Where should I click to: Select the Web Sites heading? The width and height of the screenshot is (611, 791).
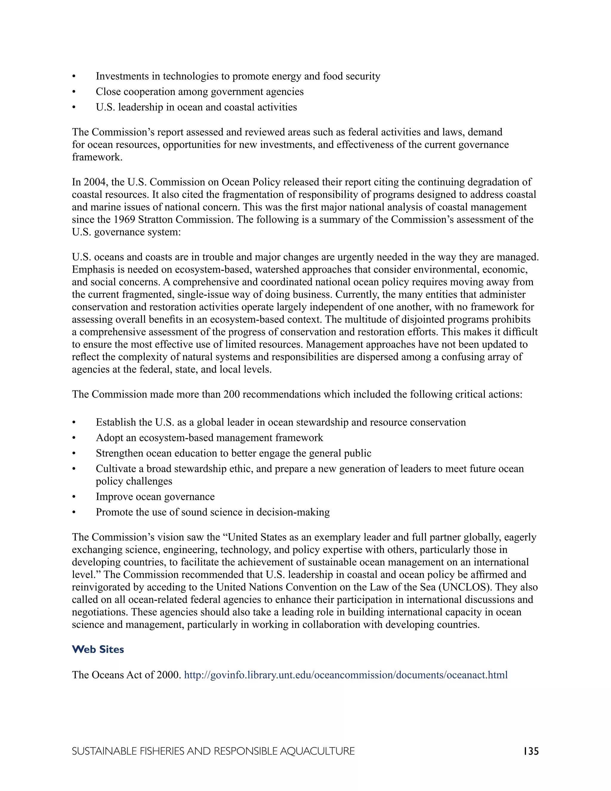click(x=98, y=650)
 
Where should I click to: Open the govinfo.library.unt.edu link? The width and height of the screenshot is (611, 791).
click(x=346, y=675)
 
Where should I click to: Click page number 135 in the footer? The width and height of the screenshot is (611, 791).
click(x=531, y=751)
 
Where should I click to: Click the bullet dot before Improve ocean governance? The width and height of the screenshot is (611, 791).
click(x=74, y=497)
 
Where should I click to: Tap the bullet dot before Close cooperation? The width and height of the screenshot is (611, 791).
click(x=74, y=92)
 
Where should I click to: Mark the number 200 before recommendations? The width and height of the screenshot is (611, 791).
click(x=231, y=394)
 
